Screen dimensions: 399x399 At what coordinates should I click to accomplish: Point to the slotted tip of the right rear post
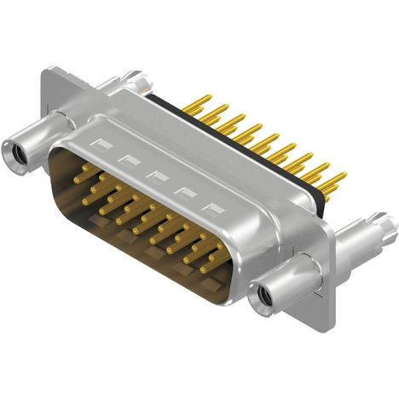tap(388, 227)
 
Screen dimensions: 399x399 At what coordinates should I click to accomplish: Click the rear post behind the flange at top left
tap(136, 84)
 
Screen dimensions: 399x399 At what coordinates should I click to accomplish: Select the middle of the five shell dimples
tap(156, 175)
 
